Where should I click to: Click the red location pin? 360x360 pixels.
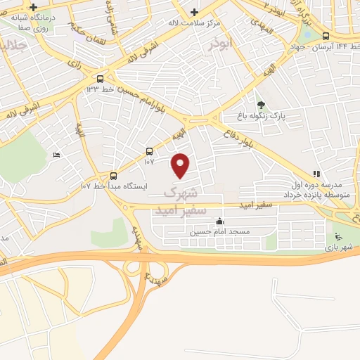(x=181, y=165)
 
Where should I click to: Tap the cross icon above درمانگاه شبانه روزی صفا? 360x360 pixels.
(x=33, y=7)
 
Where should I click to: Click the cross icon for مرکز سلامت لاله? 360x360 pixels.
(x=195, y=13)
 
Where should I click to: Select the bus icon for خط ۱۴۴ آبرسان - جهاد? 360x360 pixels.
(x=326, y=36)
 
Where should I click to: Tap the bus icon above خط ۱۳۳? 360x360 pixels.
(x=100, y=79)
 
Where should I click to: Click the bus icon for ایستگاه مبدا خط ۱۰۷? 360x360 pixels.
(x=113, y=176)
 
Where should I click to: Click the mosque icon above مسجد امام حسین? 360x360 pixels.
(x=220, y=221)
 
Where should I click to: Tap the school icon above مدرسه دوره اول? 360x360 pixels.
(x=317, y=174)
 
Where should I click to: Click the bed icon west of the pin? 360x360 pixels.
(x=56, y=155)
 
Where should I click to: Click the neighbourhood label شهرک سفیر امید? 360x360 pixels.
(x=182, y=200)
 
